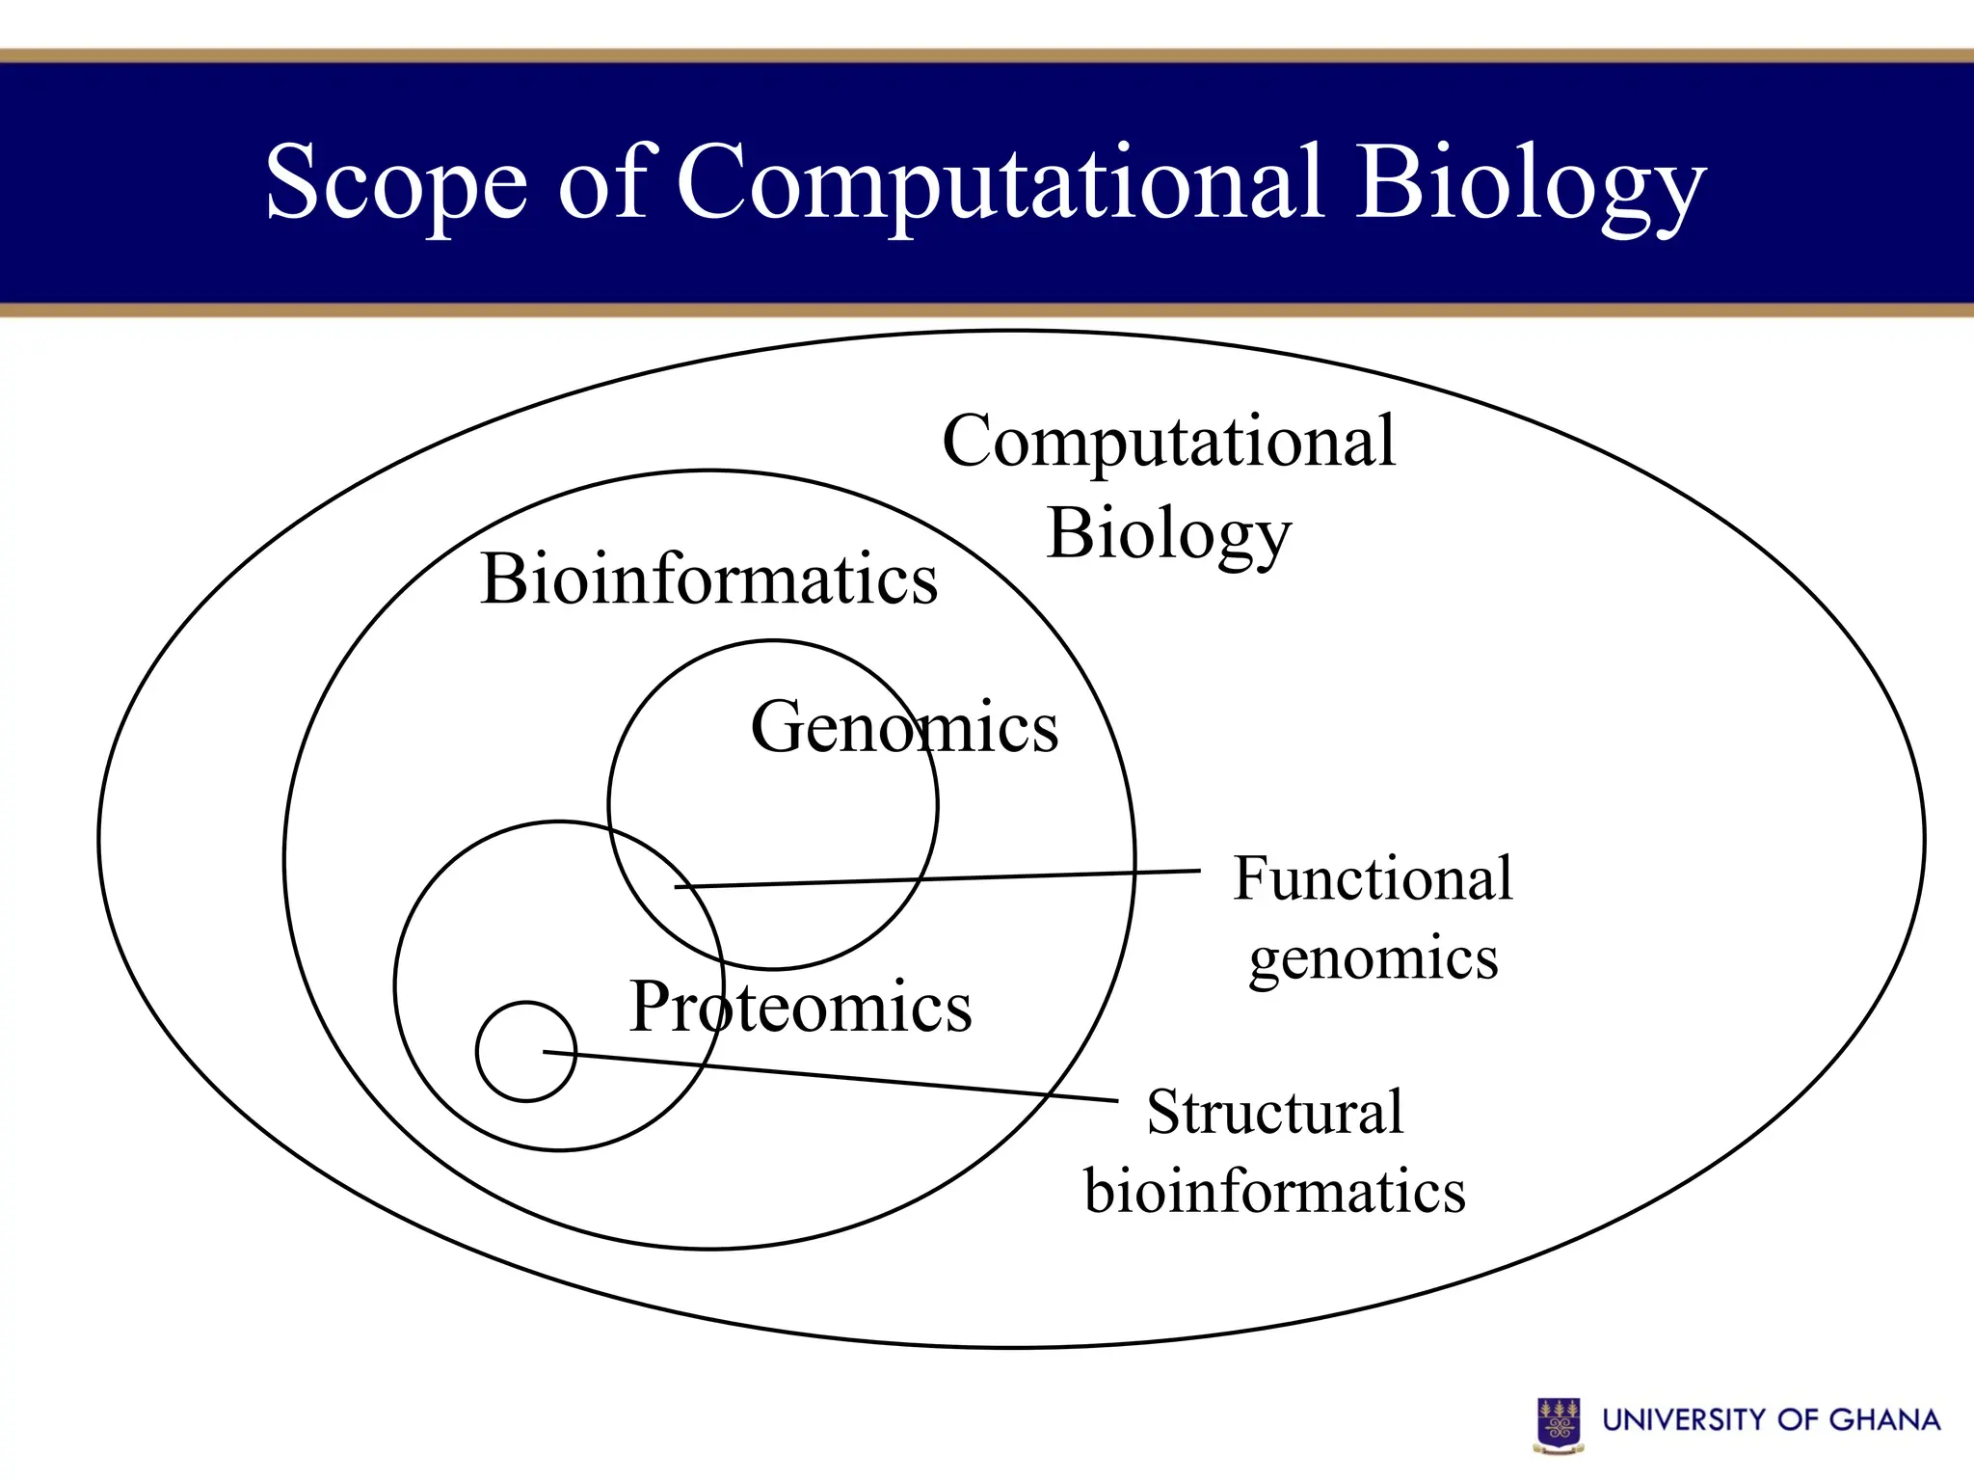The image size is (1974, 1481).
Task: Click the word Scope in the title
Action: point(396,183)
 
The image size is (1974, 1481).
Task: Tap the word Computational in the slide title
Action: point(999,183)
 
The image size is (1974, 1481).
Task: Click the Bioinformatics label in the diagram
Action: point(708,579)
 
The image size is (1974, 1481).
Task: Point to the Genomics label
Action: point(904,727)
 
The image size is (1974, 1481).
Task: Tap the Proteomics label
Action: point(800,1007)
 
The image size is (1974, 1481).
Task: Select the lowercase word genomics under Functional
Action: point(1373,959)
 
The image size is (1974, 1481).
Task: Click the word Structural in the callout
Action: point(1274,1112)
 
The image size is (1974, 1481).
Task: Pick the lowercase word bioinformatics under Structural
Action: point(1274,1191)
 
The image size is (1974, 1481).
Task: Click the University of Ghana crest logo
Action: point(1559,1424)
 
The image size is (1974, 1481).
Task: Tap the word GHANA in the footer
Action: point(1883,1420)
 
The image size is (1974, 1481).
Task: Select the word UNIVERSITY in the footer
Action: point(1683,1420)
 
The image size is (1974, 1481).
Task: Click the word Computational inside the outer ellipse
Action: point(1168,442)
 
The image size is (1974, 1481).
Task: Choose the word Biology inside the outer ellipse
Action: point(1168,534)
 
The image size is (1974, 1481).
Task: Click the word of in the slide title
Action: point(605,183)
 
